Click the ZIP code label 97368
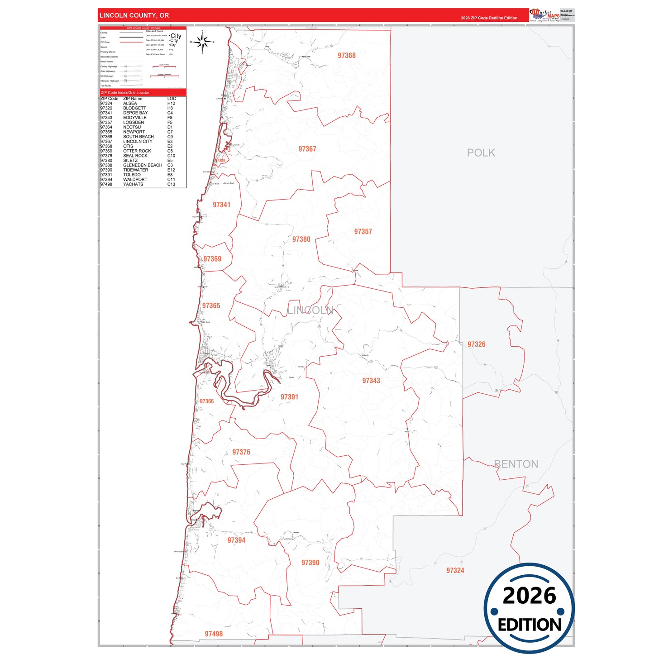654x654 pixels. coord(347,55)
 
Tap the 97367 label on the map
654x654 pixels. coord(307,149)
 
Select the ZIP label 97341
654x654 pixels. coord(221,205)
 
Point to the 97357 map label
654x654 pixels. coord(363,231)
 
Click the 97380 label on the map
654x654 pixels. coord(301,239)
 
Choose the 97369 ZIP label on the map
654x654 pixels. coord(212,259)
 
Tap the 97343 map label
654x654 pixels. coord(371,381)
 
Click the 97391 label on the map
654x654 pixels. coord(289,397)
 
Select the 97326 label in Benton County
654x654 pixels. coord(476,344)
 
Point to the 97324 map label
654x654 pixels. coord(455,570)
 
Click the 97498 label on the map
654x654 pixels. coord(214,634)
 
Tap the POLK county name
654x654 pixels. coord(481,153)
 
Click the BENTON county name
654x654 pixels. coord(516,464)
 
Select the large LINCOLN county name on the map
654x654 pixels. coord(310,310)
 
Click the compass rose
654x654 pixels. coord(202,42)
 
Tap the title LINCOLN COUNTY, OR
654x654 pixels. coord(134,15)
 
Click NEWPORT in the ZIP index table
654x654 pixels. coord(134,132)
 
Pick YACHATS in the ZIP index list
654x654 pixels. coord(133,184)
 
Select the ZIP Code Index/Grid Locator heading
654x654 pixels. coord(125,92)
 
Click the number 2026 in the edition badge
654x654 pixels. coord(529,595)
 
